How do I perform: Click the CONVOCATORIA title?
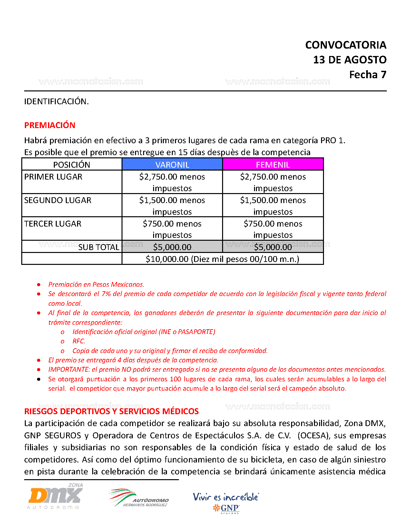pos(346,45)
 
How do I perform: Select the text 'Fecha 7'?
pos(367,75)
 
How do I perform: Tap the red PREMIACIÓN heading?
pos(50,125)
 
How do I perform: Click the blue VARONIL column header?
pos(172,164)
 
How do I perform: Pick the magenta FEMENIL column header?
pos(273,164)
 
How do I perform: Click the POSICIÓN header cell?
pos(72,164)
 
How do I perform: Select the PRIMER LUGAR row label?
pos(53,177)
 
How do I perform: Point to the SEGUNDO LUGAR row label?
pos(58,200)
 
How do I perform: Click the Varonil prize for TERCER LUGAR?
pos(172,229)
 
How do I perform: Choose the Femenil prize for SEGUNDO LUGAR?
pos(273,205)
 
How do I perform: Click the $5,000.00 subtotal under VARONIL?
pos(172,247)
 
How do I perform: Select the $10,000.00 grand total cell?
pos(222,259)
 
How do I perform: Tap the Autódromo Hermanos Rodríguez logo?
pos(139,498)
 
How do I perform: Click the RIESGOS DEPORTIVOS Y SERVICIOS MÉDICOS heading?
pos(112,411)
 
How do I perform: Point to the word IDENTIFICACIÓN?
pos(56,101)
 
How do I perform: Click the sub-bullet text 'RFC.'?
pos(79,341)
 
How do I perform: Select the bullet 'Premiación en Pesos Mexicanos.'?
pos(96,284)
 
